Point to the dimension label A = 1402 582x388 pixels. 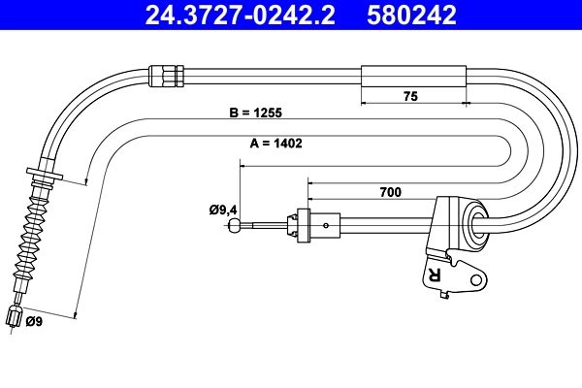(270, 143)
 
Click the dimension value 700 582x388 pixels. (391, 192)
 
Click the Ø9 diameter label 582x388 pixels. (33, 321)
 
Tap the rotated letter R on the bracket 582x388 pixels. (433, 275)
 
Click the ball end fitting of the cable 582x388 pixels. (235, 226)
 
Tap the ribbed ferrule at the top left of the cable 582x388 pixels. (166, 74)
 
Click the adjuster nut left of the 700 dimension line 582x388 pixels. (305, 225)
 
